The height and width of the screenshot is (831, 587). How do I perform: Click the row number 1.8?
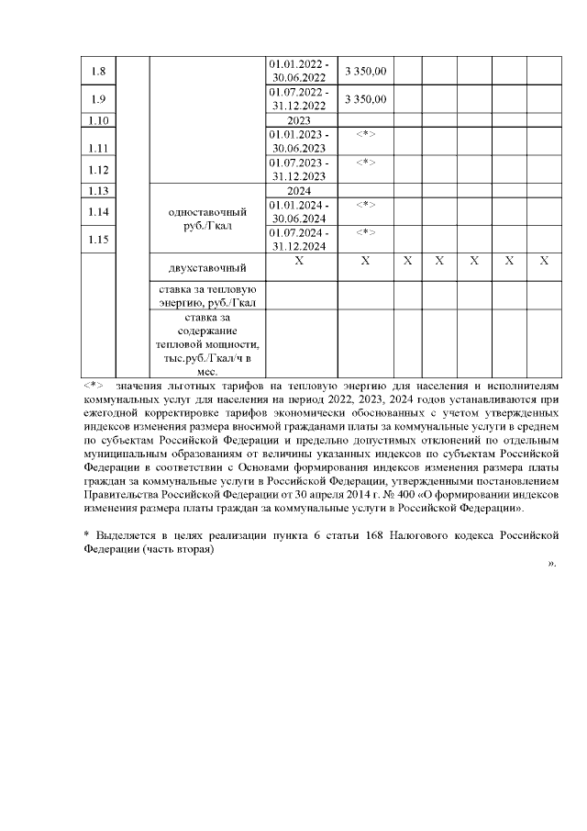pyautogui.click(x=100, y=71)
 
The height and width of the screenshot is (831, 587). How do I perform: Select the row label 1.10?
pyautogui.click(x=100, y=119)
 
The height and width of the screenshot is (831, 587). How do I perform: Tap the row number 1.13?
pyautogui.click(x=100, y=191)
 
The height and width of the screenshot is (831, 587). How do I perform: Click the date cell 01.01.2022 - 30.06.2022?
pyautogui.click(x=299, y=71)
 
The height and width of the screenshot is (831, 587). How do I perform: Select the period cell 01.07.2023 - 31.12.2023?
pyautogui.click(x=299, y=169)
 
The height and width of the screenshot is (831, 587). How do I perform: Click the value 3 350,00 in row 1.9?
pyautogui.click(x=365, y=98)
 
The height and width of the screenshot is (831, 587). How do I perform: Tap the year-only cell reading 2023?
pyautogui.click(x=299, y=119)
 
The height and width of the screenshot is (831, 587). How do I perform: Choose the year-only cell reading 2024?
pyautogui.click(x=299, y=191)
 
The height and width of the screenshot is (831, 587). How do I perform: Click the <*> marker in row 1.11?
pyautogui.click(x=365, y=135)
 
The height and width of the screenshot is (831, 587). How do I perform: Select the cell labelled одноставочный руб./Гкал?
pyautogui.click(x=207, y=216)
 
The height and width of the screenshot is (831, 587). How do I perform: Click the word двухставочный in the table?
pyautogui.click(x=207, y=269)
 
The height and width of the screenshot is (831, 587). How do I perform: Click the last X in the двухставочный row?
pyautogui.click(x=543, y=262)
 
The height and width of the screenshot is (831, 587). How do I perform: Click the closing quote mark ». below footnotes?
pyautogui.click(x=551, y=563)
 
